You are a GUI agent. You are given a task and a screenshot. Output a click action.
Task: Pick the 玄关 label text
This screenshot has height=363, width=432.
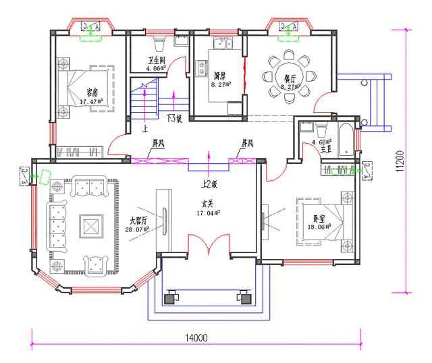[x=207, y=203]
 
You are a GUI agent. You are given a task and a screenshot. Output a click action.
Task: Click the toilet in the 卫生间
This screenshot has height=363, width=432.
[x=159, y=44]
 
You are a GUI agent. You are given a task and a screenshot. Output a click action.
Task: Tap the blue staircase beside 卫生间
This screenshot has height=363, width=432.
[x=143, y=101]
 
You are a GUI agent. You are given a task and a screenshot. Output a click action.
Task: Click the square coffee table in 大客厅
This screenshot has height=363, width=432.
[x=90, y=223]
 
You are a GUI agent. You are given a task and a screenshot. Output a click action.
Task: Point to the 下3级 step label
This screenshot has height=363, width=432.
[x=173, y=118]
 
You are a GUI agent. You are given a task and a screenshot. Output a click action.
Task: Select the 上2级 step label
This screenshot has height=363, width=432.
[x=209, y=184]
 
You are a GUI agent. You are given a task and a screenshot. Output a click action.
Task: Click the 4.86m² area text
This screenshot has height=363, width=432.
[x=157, y=68]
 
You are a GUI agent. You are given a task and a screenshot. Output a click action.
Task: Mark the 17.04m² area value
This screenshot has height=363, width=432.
[x=208, y=213]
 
